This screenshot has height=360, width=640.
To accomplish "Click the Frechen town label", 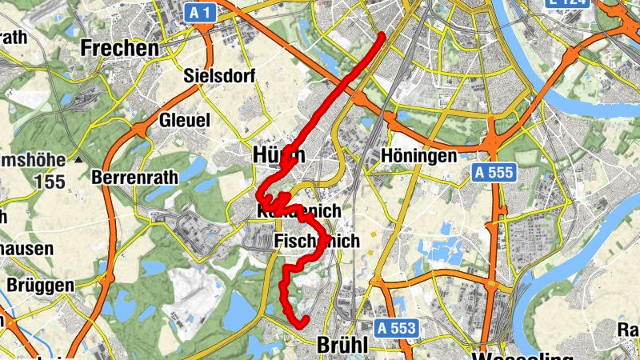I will (x=120, y=48).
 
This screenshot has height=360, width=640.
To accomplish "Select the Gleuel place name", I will (x=184, y=120).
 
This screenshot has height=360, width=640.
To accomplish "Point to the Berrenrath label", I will (x=133, y=176).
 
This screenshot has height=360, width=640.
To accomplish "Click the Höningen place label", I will (x=419, y=154).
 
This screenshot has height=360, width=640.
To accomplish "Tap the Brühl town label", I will (x=342, y=346).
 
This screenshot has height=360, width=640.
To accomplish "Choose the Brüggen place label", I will (x=40, y=285).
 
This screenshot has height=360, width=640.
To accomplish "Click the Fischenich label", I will (x=317, y=241).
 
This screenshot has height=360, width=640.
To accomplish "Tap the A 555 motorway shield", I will (x=494, y=172).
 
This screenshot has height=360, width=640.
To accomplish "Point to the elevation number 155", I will (x=50, y=182).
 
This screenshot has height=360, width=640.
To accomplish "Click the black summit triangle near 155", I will (x=78, y=160).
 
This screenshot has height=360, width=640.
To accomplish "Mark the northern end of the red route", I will (x=382, y=35).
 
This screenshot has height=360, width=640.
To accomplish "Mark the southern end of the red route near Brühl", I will (x=305, y=322).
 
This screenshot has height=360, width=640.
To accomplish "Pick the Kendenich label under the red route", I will (x=299, y=211).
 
